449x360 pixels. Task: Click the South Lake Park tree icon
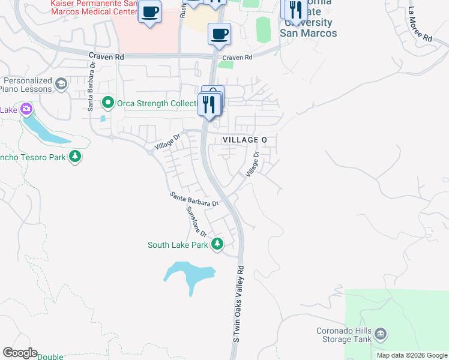point(217,244)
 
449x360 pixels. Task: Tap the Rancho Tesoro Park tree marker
point(75,157)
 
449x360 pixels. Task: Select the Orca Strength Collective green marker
point(108,103)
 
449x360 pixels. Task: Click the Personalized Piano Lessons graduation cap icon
point(61,84)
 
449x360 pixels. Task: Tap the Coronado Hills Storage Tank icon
point(380,334)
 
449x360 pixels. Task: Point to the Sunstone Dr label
point(196,221)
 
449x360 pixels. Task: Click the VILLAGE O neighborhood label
point(245,139)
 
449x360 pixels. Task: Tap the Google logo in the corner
point(20,353)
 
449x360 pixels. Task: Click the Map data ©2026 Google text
point(412,355)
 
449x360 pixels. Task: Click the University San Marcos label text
point(309,28)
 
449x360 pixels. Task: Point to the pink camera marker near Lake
point(26,109)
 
